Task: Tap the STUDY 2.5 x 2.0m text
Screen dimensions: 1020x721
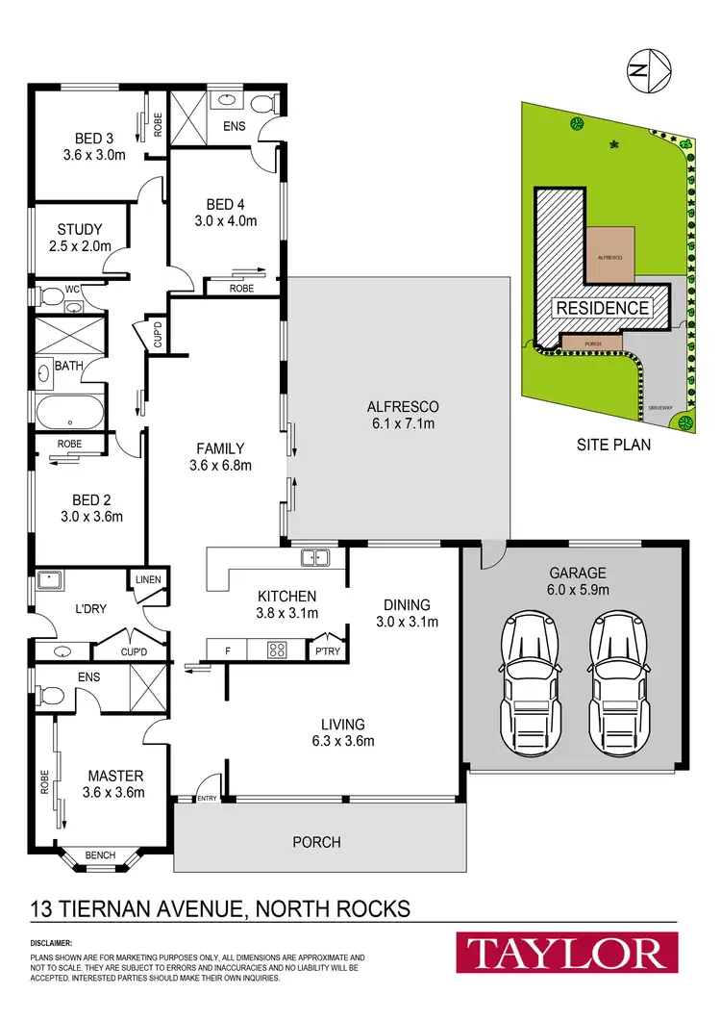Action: [79, 238]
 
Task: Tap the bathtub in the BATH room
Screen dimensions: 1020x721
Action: [68, 412]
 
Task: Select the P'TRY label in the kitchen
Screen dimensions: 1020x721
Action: [329, 650]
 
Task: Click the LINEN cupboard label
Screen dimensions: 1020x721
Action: [149, 579]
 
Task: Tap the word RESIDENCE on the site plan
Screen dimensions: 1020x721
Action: [601, 308]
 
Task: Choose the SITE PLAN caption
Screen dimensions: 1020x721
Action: [612, 445]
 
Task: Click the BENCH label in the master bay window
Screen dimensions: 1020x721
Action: [100, 854]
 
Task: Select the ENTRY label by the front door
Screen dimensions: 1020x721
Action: [207, 798]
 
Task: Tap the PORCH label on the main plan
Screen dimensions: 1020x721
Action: [317, 842]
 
